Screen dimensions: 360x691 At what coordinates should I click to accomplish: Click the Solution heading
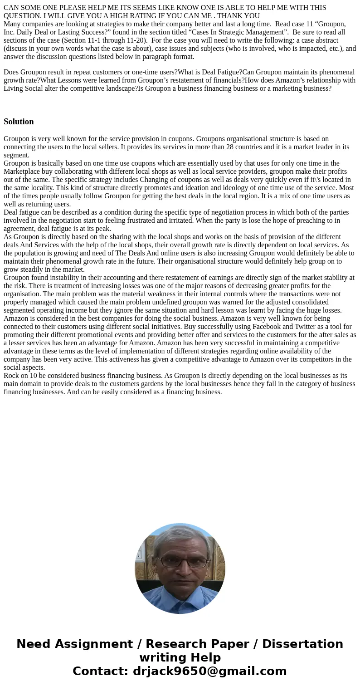pyautogui.click(x=19, y=122)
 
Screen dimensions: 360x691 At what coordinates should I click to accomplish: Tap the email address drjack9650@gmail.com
pyautogui.click(x=209, y=671)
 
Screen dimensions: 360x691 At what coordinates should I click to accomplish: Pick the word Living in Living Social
pyautogui.click(x=14, y=88)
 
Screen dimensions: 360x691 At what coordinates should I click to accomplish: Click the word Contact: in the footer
pyautogui.click(x=101, y=671)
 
